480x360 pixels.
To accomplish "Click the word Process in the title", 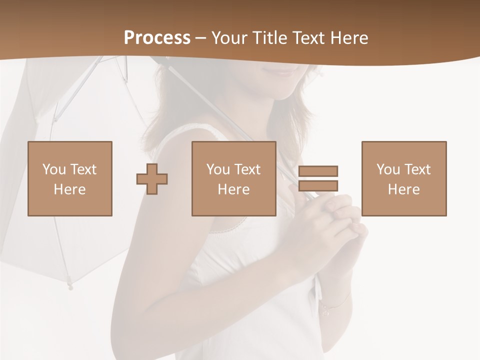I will [x=157, y=38].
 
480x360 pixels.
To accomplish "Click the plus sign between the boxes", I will [x=152, y=178].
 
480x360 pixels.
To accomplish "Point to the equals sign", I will [x=318, y=178].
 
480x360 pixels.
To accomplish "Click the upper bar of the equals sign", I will [x=318, y=171].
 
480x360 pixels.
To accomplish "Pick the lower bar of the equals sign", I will [x=318, y=186].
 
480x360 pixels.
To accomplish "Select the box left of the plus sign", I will [x=69, y=178].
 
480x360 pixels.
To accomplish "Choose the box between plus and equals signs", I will [x=233, y=178].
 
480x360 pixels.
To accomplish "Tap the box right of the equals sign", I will [x=403, y=178].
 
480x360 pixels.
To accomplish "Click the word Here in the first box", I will [x=69, y=189].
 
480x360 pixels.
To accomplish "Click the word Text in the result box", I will [x=417, y=169].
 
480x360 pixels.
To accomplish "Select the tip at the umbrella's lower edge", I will [x=70, y=287].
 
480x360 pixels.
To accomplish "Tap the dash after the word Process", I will [x=200, y=38].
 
